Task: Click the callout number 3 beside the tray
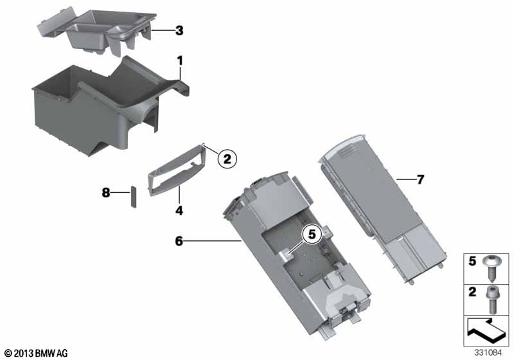(179, 30)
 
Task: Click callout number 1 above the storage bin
(180, 60)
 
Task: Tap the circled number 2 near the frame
(227, 159)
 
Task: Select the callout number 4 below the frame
(179, 210)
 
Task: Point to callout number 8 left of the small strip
(105, 192)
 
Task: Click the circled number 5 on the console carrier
(312, 234)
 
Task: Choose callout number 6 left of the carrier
(179, 241)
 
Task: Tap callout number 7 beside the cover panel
(420, 179)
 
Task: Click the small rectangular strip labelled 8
(134, 197)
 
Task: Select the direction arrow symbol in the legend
(486, 330)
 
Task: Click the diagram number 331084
(488, 353)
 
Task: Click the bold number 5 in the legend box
(472, 261)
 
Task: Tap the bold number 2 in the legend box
(472, 292)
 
